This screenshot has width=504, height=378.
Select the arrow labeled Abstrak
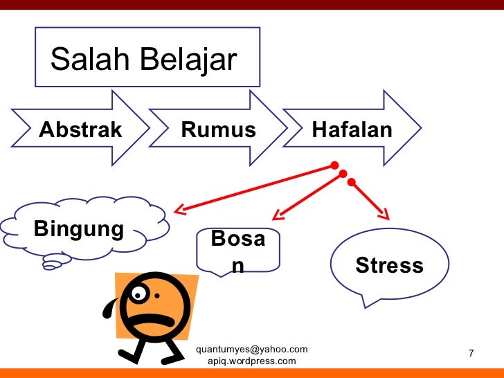point(80,129)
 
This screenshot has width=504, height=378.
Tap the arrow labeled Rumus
point(218,129)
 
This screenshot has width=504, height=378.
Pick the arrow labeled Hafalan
point(352,129)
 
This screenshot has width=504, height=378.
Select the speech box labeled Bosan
point(237,251)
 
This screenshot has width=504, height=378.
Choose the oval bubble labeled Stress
point(389,265)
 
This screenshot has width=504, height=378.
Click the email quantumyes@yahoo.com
point(252,349)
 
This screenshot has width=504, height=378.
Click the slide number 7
point(471,354)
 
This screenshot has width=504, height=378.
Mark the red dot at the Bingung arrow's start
point(335,166)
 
